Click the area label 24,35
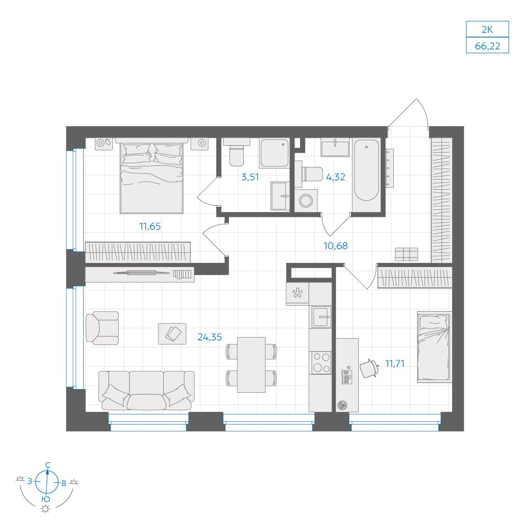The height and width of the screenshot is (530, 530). click(209, 337)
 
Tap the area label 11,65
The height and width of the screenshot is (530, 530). click(150, 226)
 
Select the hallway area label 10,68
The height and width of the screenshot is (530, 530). click(335, 246)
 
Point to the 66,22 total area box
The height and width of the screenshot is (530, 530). click(488, 46)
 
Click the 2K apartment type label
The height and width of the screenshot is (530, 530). click(487, 30)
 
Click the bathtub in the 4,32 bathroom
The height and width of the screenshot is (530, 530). click(366, 170)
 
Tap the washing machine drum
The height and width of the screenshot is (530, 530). click(306, 201)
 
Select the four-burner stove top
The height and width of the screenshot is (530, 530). click(321, 363)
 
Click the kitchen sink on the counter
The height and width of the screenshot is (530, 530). click(321, 317)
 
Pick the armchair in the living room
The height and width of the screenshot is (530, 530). click(102, 328)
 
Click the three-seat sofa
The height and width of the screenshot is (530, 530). click(146, 391)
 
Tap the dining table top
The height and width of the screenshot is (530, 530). click(251, 365)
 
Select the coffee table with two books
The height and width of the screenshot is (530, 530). click(172, 333)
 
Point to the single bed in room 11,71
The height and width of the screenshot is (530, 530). click(435, 347)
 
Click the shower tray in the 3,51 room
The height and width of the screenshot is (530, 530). click(274, 153)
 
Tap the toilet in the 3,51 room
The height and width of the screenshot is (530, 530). click(236, 152)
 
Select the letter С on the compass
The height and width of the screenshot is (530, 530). click(48, 465)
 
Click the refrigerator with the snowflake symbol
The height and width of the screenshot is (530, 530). click(297, 294)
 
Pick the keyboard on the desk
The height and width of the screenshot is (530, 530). click(346, 377)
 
